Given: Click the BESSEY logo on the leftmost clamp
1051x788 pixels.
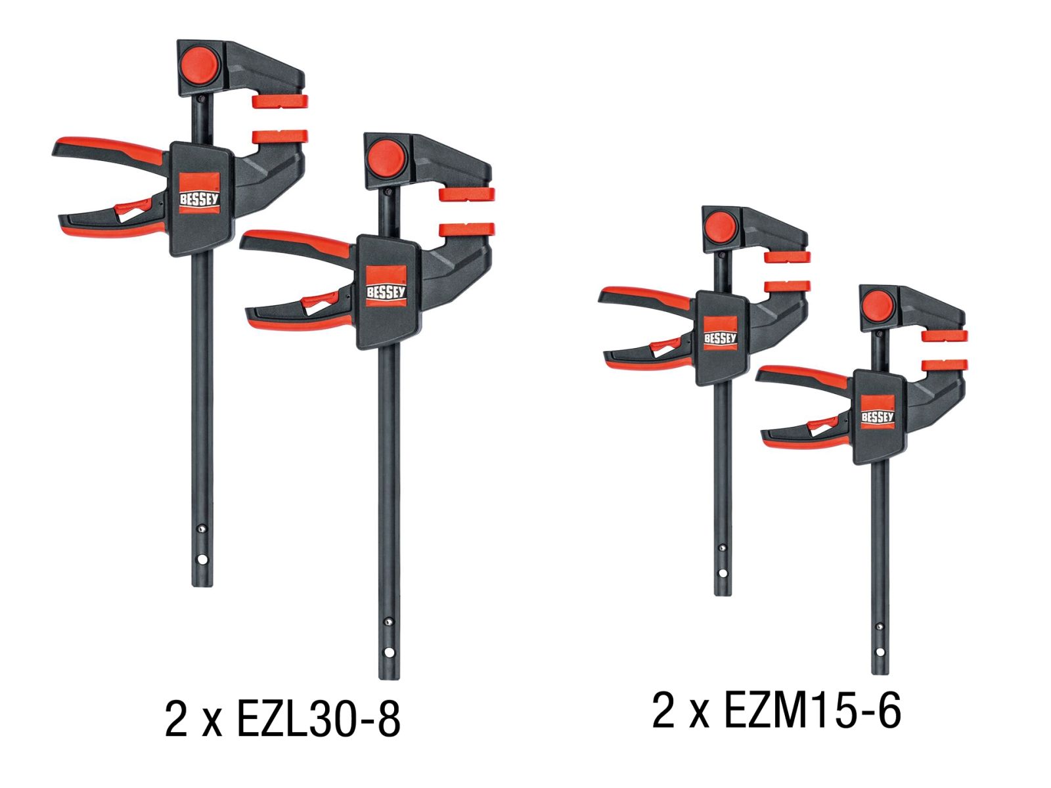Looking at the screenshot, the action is [x=199, y=193].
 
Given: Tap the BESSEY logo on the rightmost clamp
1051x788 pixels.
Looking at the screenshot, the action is [x=878, y=412].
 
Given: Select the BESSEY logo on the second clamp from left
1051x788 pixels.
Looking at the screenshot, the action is [x=386, y=286].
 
